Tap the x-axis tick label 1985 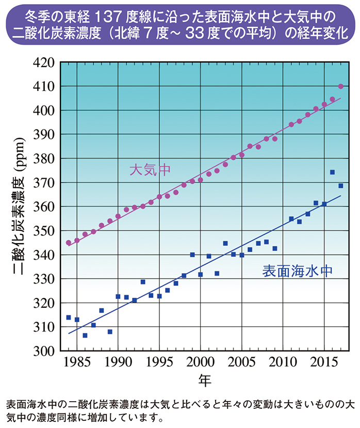tap(77, 362)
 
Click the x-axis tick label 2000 tap(200, 362)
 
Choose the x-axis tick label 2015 tap(324, 362)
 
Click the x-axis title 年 tap(205, 381)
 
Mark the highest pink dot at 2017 tap(340, 86)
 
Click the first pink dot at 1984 tap(69, 243)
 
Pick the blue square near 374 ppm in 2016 tap(332, 172)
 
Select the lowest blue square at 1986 tap(85, 335)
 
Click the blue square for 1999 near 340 tap(192, 255)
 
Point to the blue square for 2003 tap(225, 243)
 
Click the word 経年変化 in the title tap(323, 32)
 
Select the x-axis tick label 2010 tap(283, 362)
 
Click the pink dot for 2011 tap(291, 124)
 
